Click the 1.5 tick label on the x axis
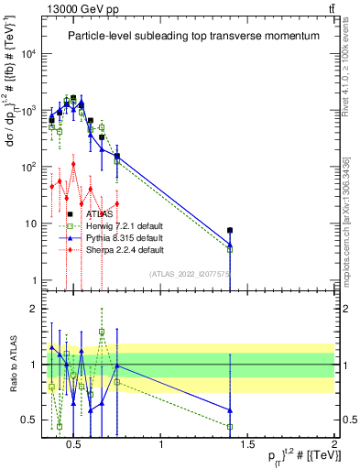click(248, 447)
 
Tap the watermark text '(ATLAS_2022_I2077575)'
click(191, 273)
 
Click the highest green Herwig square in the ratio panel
click(102, 333)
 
